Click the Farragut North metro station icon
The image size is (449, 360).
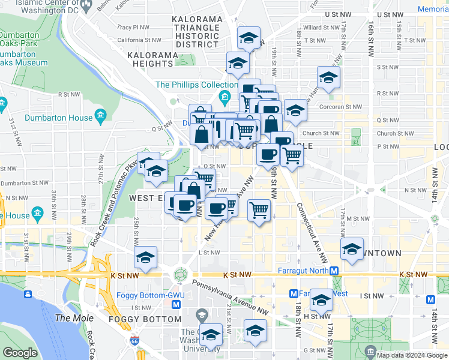tap(336, 271)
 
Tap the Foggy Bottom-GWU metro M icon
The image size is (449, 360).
tap(176, 304)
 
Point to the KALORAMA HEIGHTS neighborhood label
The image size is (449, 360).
tap(150, 59)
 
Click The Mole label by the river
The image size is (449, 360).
tap(71, 317)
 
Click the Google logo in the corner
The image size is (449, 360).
tap(20, 353)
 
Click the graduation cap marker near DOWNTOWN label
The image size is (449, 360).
tap(352, 248)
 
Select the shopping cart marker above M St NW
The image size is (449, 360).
tap(259, 211)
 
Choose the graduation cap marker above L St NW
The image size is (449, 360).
tap(145, 257)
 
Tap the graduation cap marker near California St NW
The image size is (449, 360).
tap(247, 38)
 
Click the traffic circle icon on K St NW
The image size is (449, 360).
tap(180, 275)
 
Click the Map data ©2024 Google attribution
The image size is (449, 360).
tap(412, 355)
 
